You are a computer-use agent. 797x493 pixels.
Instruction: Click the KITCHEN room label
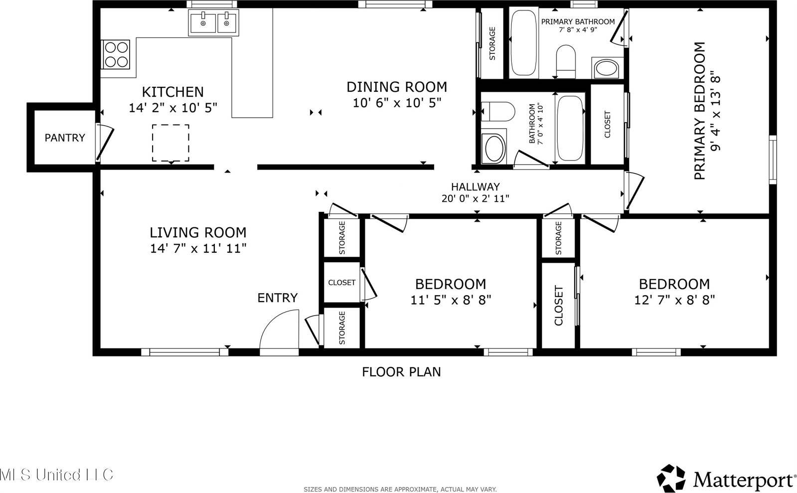(x=172, y=92)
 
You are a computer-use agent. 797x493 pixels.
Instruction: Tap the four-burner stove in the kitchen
(x=116, y=54)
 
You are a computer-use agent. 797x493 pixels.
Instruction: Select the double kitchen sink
(x=213, y=23)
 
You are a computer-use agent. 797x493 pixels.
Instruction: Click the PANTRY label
(x=65, y=138)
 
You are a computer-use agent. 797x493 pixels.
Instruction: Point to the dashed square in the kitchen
(x=170, y=143)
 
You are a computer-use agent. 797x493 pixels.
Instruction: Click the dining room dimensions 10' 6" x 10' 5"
(x=397, y=103)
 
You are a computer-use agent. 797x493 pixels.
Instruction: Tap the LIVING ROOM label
(x=198, y=232)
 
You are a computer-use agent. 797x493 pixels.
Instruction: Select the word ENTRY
(x=277, y=298)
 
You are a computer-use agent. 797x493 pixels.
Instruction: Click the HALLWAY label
(x=475, y=187)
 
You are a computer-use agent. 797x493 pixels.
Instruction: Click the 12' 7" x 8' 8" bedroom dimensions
(x=674, y=300)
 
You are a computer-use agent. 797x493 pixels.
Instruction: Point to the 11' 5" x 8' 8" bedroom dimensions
(x=451, y=300)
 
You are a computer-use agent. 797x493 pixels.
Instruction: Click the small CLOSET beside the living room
(x=342, y=282)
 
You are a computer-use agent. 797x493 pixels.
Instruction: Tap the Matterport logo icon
(x=672, y=479)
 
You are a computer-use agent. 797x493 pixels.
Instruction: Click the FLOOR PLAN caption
(x=401, y=372)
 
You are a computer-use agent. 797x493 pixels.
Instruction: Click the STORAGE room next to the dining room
(x=492, y=43)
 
